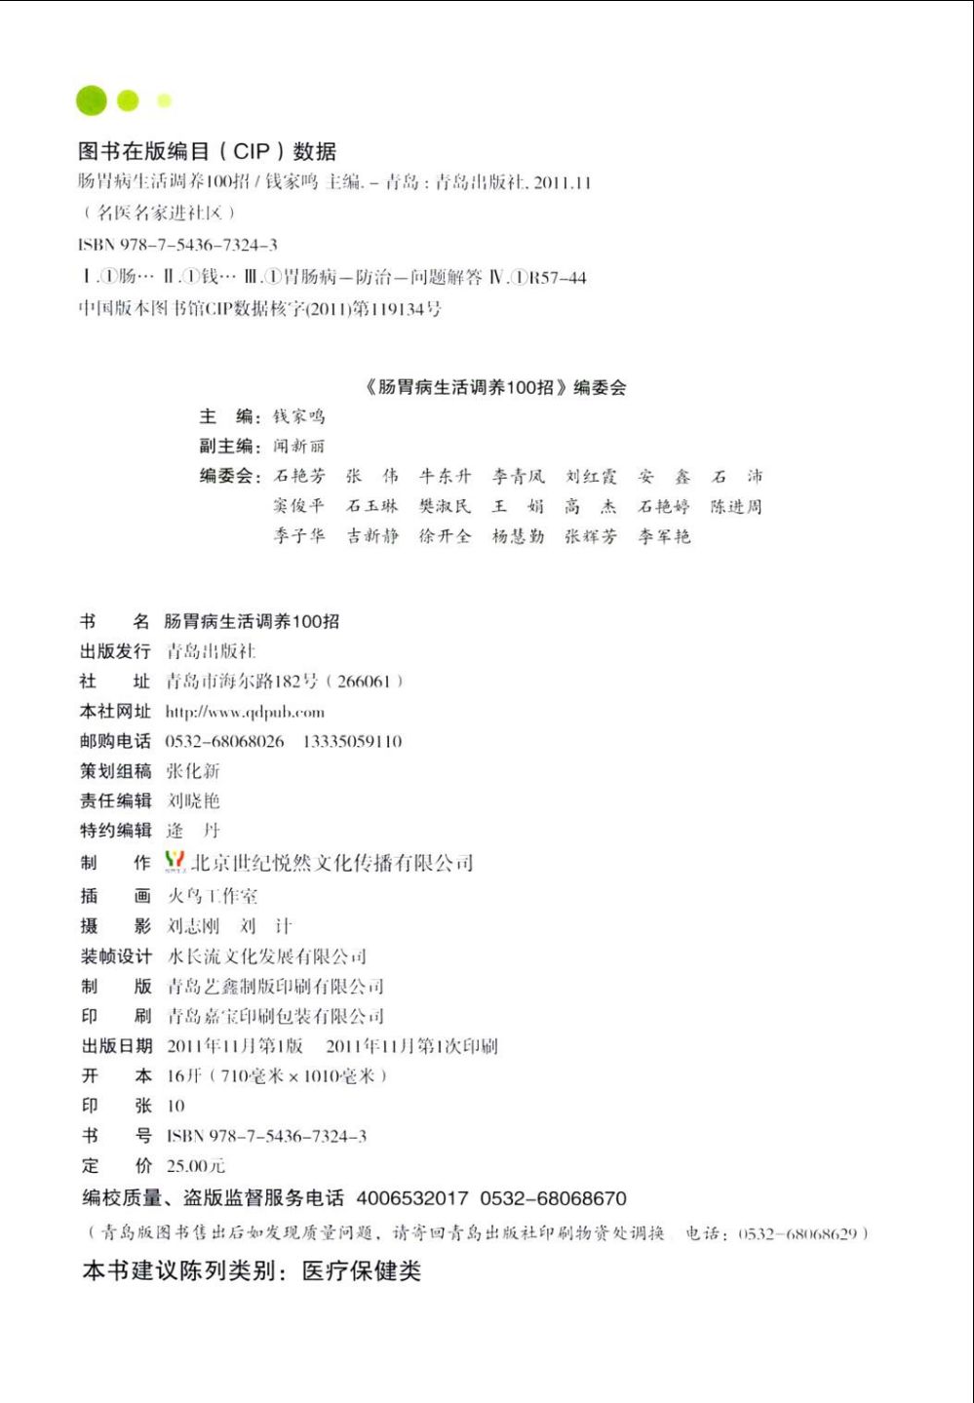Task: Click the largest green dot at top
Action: (92, 100)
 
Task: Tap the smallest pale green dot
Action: (164, 100)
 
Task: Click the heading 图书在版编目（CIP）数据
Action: (207, 151)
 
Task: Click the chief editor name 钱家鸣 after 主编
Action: (298, 416)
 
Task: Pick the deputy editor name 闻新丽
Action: (298, 447)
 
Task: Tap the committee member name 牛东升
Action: (445, 477)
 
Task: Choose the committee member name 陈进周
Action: (736, 507)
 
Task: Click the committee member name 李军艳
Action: (664, 536)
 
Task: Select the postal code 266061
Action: (364, 682)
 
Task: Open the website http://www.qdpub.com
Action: (245, 712)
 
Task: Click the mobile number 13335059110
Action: (352, 742)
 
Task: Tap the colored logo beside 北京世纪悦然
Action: (175, 861)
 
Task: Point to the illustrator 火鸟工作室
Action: (213, 896)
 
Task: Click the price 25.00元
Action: (195, 1166)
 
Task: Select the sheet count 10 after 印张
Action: (175, 1107)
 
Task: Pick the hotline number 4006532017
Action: (411, 1198)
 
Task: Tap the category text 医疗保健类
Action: (361, 1271)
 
